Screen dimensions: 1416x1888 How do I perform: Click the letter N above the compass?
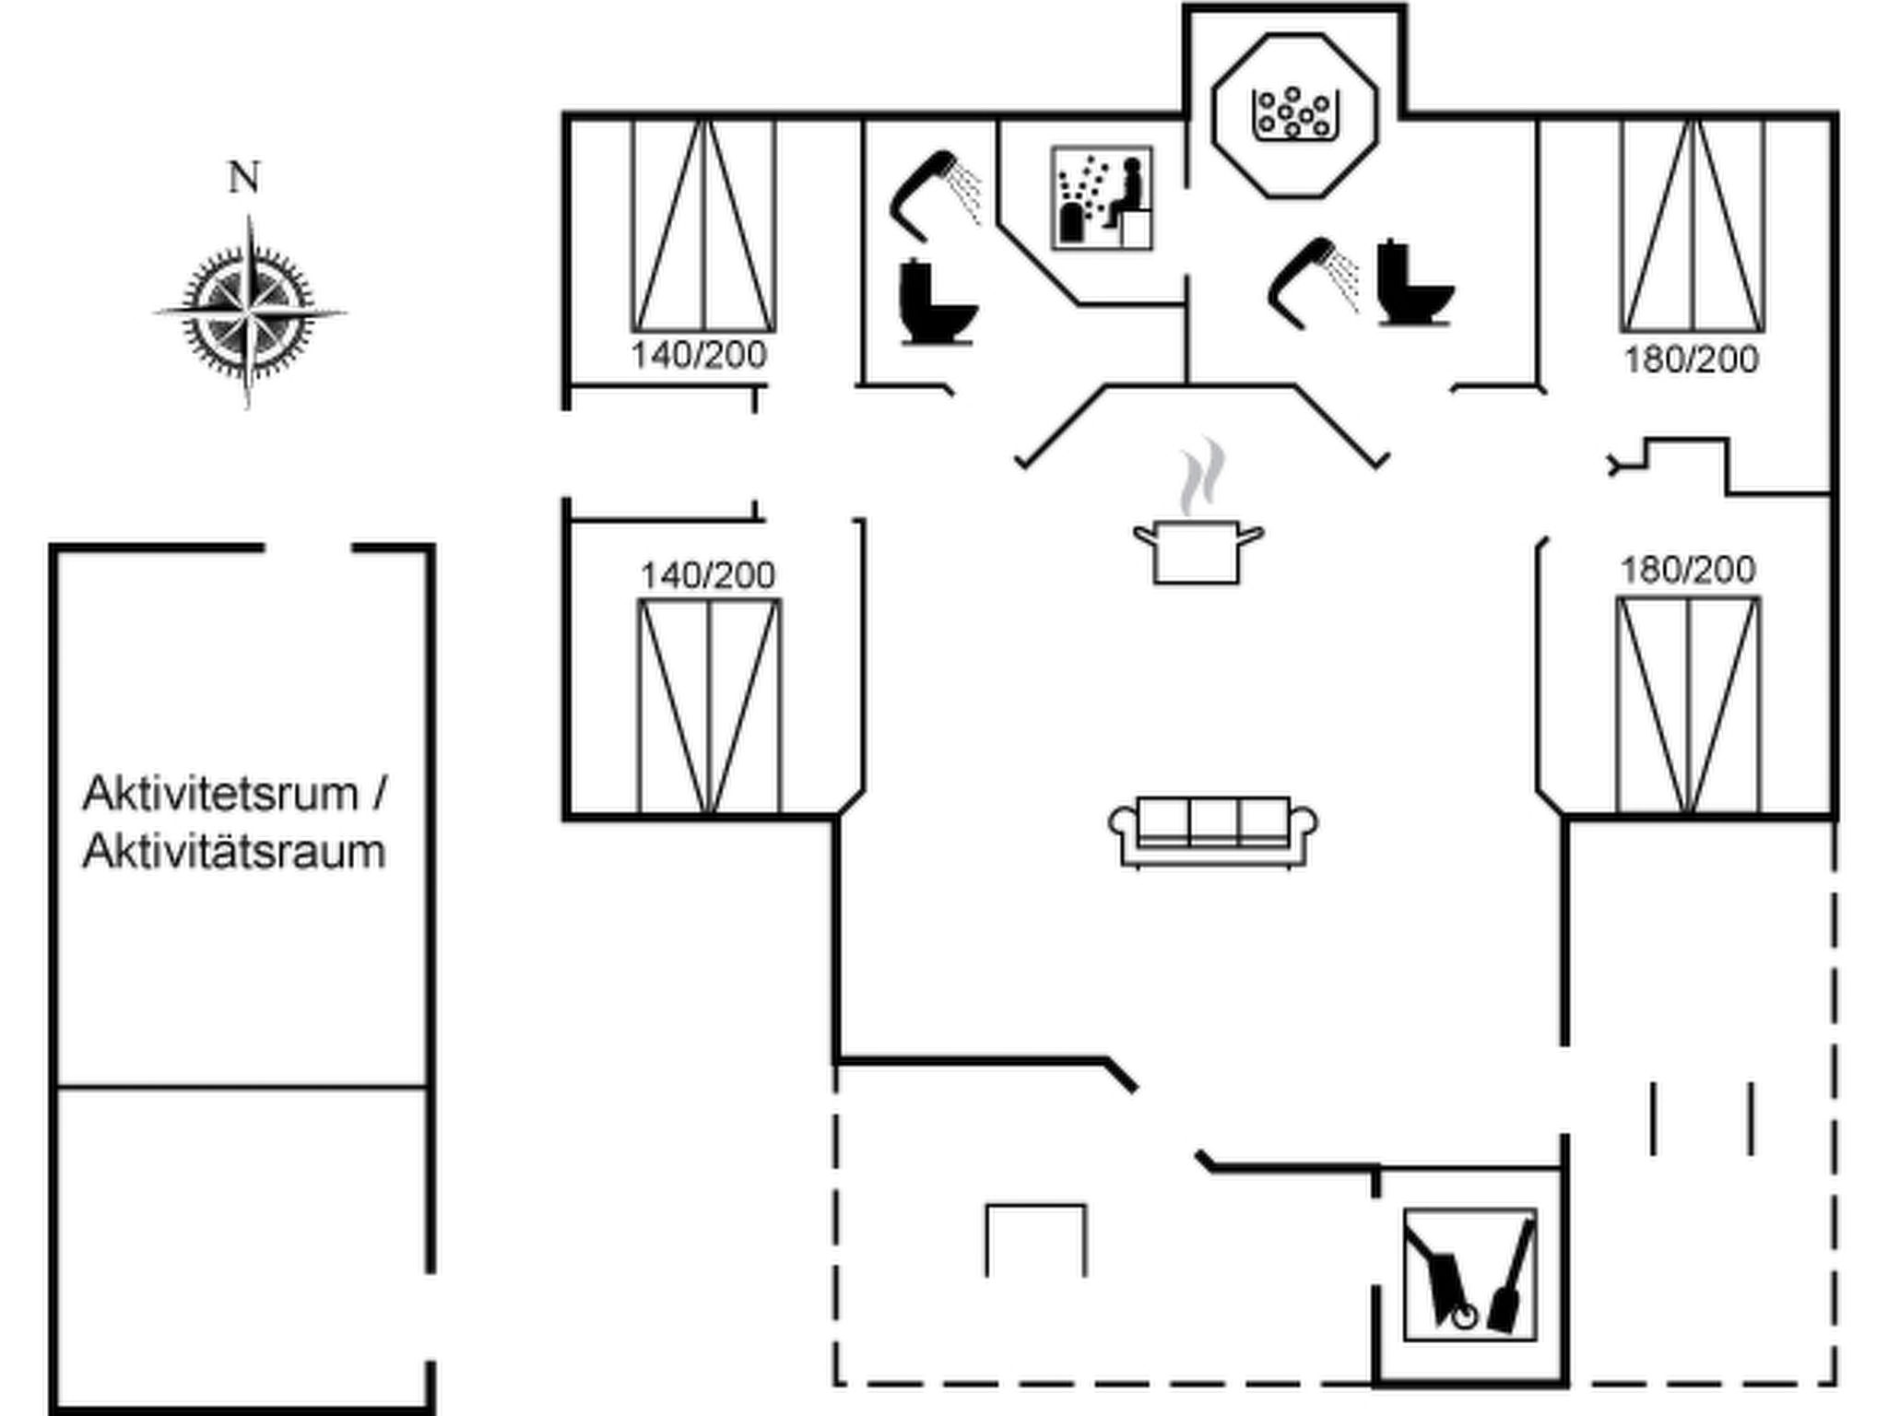[243, 177]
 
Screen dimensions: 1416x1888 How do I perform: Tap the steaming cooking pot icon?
[1198, 535]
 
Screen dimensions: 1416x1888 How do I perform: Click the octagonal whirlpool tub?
[1294, 115]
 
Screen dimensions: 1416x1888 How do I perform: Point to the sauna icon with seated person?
[1103, 197]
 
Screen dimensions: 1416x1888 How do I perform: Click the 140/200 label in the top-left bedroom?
[699, 355]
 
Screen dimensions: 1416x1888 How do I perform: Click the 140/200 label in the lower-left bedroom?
[708, 576]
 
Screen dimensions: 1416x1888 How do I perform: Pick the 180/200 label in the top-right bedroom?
[1691, 360]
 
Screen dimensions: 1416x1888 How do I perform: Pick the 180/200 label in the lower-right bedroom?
[1687, 571]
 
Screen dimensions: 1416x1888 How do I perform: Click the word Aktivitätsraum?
[234, 852]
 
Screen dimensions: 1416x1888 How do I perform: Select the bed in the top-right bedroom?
[1693, 226]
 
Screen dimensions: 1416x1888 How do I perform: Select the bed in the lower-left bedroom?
[709, 706]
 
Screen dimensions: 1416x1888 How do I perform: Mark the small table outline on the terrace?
[1035, 1240]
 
